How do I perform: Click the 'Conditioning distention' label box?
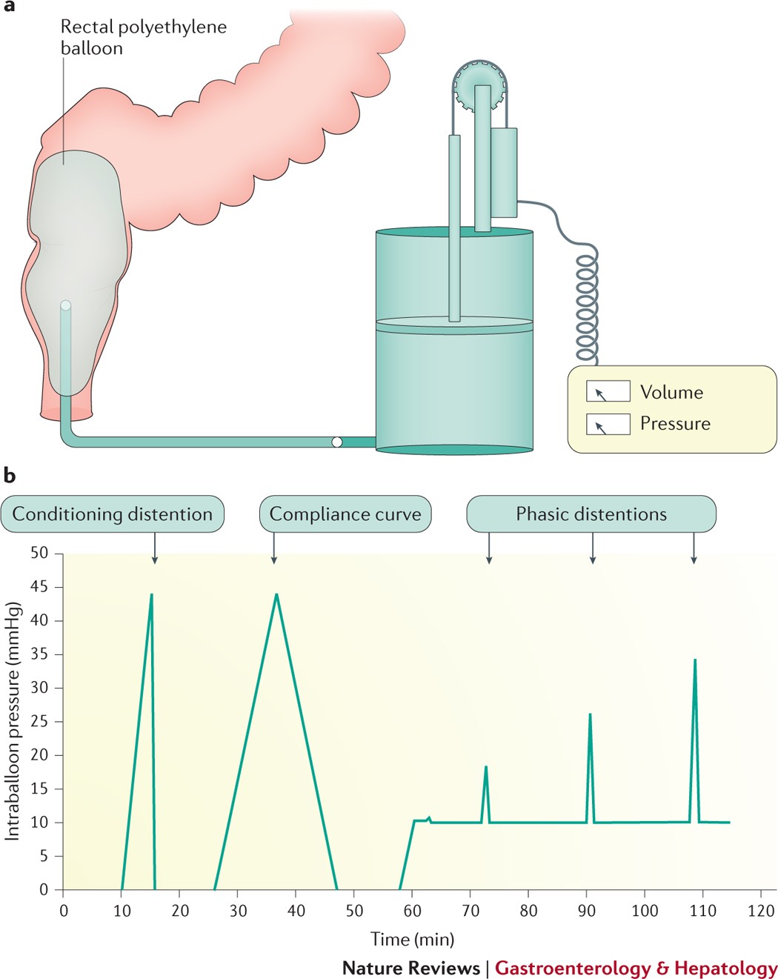coord(112,514)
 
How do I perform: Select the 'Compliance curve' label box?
coord(345,514)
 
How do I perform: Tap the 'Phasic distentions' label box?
coord(591,514)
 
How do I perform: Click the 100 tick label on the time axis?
coord(645,911)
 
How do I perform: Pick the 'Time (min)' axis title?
coord(412,940)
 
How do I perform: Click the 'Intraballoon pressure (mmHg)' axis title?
coord(13,721)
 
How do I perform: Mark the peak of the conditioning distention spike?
coord(151,594)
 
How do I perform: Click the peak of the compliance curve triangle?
coord(276,594)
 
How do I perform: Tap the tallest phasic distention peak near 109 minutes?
coord(694,660)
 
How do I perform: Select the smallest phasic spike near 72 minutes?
coord(485,767)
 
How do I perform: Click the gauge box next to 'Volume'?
coord(608,391)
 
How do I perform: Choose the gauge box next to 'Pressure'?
coord(608,424)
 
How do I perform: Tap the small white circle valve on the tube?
coord(337,442)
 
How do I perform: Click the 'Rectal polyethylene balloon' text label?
coord(143,37)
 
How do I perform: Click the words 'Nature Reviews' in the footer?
coord(410,968)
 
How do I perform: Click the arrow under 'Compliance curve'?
coord(274,548)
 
